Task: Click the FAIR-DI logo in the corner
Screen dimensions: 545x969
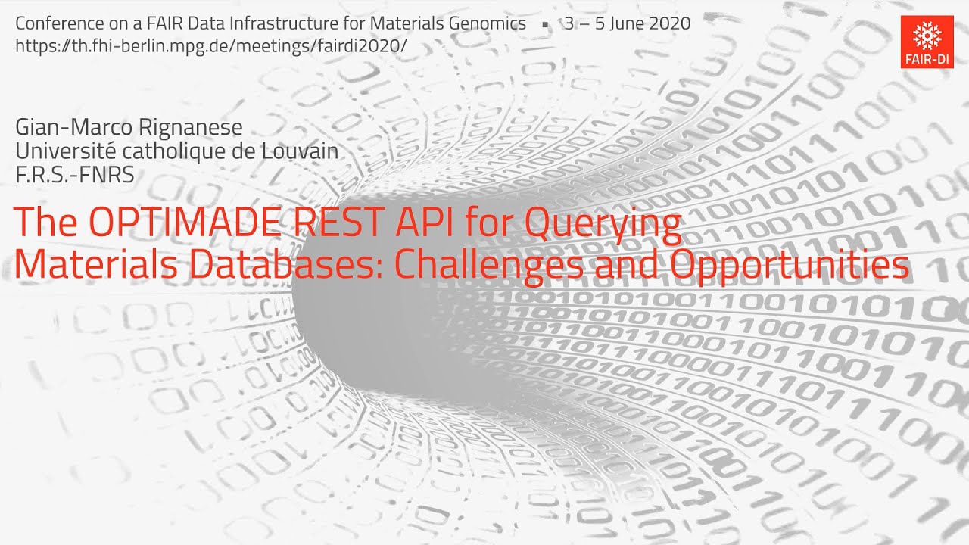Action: pyautogui.click(x=927, y=42)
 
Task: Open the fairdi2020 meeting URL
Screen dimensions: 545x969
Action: pyautogui.click(x=211, y=45)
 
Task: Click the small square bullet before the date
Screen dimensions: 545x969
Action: pyautogui.click(x=545, y=24)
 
